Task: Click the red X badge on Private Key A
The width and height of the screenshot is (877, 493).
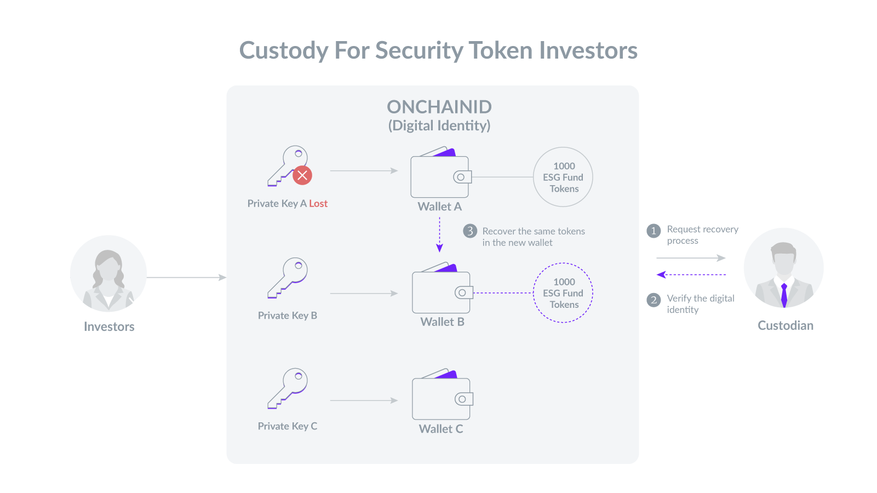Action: pos(302,175)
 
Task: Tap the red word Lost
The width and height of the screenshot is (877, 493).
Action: pos(318,204)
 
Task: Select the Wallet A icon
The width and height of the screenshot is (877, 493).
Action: pos(441,173)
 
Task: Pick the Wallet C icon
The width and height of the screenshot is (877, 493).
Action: pos(443,394)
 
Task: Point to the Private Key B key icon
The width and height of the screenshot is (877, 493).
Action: pos(288,278)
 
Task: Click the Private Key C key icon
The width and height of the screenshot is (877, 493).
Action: pos(288,388)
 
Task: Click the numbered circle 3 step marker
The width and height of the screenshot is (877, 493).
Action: pos(470,231)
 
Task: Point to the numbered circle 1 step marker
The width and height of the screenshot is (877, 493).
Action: pos(654,231)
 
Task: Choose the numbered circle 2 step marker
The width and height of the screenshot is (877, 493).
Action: pos(654,300)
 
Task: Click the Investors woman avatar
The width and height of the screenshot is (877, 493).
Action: pos(108,274)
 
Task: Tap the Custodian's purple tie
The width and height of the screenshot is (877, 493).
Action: pos(784,295)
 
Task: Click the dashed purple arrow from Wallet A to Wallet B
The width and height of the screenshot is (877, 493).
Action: pos(440,234)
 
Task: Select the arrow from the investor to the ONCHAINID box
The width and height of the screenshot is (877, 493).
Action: pos(187,277)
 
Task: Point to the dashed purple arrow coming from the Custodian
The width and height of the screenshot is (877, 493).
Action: pos(691,274)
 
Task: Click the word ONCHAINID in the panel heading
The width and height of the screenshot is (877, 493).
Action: pos(439,106)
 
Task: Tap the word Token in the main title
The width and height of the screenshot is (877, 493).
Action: pos(501,50)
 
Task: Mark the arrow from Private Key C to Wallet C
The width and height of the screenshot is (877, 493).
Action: pos(364,400)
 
